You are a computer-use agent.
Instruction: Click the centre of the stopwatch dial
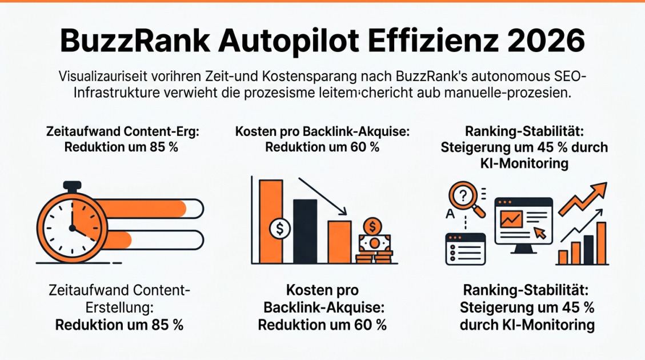pyautogui.click(x=72, y=227)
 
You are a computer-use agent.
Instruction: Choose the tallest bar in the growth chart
pyautogui.click(x=602, y=243)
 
